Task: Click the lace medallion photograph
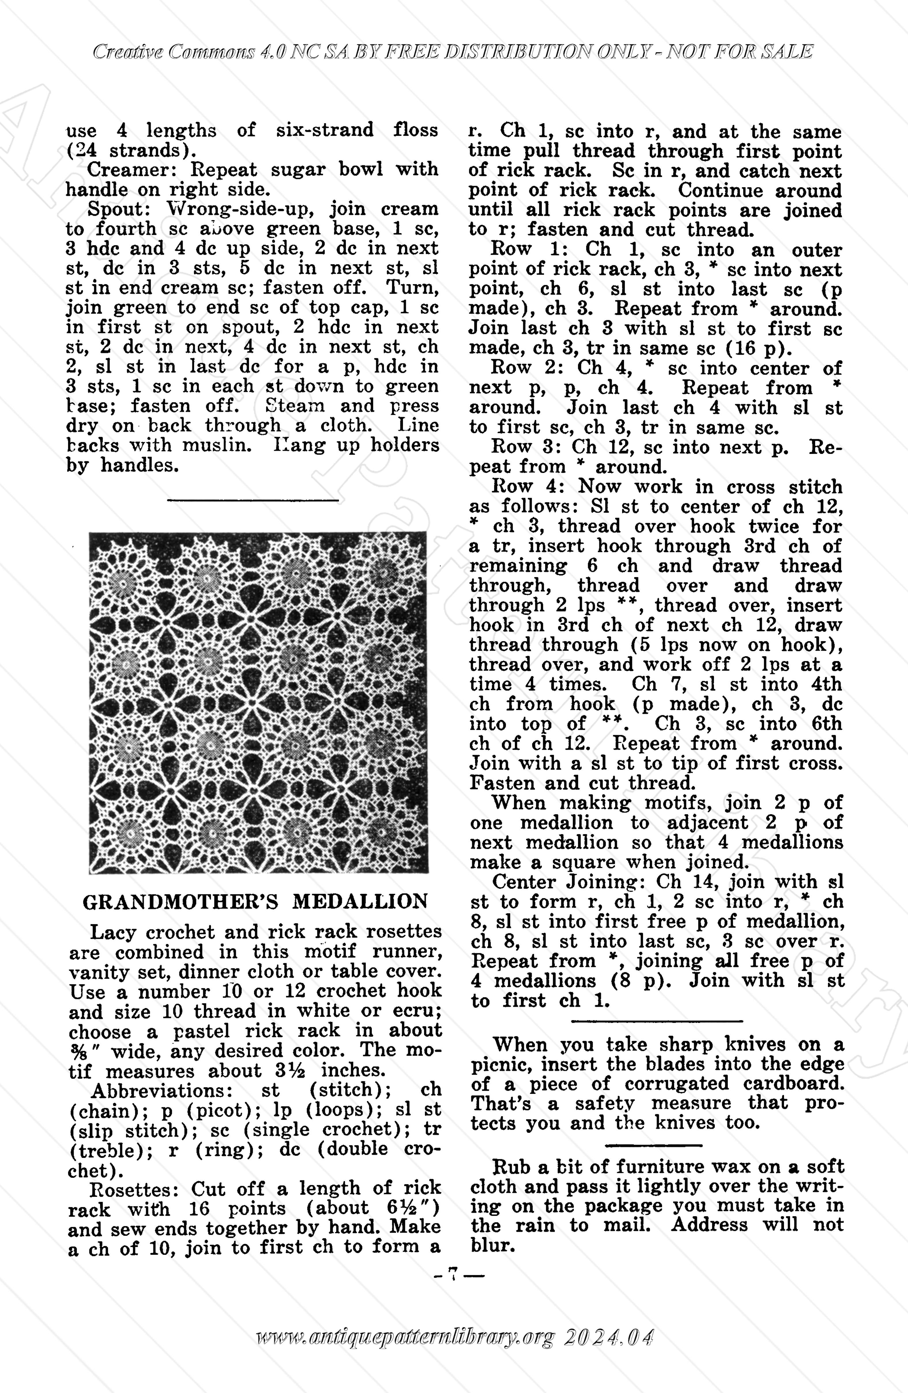point(258,702)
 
